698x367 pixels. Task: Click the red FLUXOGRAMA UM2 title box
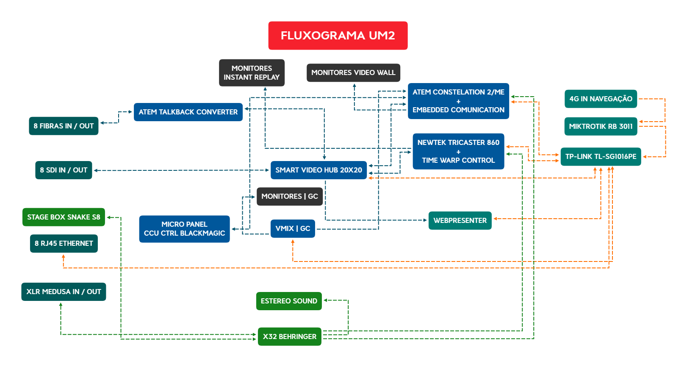pos(338,36)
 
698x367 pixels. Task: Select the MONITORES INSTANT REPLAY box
pos(252,73)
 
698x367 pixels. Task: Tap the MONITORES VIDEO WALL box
pos(353,73)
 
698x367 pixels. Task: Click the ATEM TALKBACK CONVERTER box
pos(188,112)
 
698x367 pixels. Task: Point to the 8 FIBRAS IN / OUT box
pos(64,126)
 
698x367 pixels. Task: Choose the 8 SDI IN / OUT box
pos(64,170)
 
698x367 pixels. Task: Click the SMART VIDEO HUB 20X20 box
pos(319,170)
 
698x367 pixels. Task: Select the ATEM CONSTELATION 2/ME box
pos(458,101)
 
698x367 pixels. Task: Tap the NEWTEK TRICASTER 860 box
pos(458,151)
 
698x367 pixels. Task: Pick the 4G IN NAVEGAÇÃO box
pos(601,99)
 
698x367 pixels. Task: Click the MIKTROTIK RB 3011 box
pos(601,126)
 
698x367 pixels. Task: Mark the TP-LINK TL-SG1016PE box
pos(601,157)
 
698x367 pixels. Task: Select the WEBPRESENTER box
pos(460,221)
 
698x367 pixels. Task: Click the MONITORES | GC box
pos(290,197)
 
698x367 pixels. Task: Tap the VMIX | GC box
pos(293,229)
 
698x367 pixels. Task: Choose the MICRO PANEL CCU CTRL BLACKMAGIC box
pos(184,229)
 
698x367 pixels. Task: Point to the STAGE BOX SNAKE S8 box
pos(64,217)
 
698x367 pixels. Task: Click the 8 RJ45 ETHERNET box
pos(64,244)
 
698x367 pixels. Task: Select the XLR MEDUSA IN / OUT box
pos(64,292)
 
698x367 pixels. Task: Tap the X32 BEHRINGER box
pos(289,337)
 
